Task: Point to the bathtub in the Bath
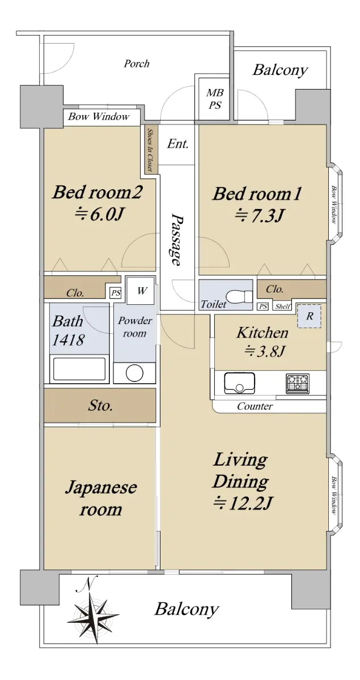pyautogui.click(x=79, y=369)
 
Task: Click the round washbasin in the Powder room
pyautogui.click(x=134, y=373)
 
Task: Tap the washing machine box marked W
pyautogui.click(x=140, y=290)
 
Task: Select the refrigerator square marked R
pyautogui.click(x=308, y=316)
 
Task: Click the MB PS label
pyautogui.click(x=215, y=99)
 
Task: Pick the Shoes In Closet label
pyautogui.click(x=150, y=150)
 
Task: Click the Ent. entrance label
pyautogui.click(x=177, y=143)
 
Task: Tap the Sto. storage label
pyautogui.click(x=100, y=405)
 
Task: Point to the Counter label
pyautogui.click(x=255, y=406)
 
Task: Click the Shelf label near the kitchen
pyautogui.click(x=282, y=307)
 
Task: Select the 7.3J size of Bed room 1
pyautogui.click(x=260, y=216)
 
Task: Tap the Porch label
pyautogui.click(x=137, y=63)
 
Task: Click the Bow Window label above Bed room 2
pyautogui.click(x=99, y=117)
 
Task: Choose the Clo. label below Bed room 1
pyautogui.click(x=274, y=289)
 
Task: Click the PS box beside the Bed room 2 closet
pyautogui.click(x=116, y=293)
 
